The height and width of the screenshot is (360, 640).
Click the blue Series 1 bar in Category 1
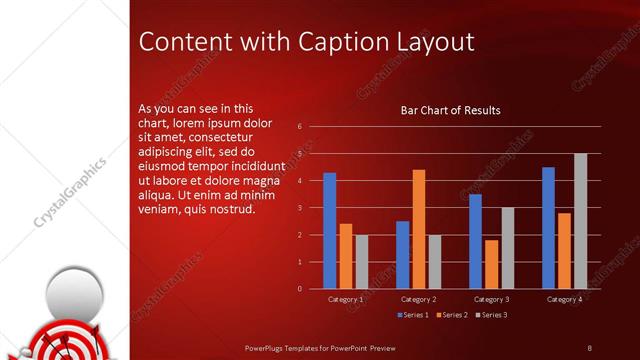click(329, 231)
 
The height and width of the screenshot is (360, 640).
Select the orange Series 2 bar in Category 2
click(418, 229)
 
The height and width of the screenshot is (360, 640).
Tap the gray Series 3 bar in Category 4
click(580, 221)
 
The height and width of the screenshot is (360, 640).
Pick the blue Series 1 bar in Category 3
click(475, 241)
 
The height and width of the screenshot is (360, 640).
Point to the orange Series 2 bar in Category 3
click(491, 264)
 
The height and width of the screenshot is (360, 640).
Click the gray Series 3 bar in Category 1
click(361, 262)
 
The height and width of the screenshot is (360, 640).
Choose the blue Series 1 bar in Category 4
click(548, 228)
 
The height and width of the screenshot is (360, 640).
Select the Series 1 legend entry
click(414, 316)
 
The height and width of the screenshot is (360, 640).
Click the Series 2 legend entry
click(452, 316)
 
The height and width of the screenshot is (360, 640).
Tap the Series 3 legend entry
click(490, 316)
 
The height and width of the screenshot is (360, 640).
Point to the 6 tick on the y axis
click(299, 128)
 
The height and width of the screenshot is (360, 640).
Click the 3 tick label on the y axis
click(299, 208)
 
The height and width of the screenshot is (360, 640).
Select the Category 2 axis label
click(418, 299)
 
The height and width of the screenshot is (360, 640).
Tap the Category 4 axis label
click(564, 299)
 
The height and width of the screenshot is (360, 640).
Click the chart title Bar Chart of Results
click(450, 110)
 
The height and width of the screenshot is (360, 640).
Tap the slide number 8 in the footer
click(589, 347)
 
